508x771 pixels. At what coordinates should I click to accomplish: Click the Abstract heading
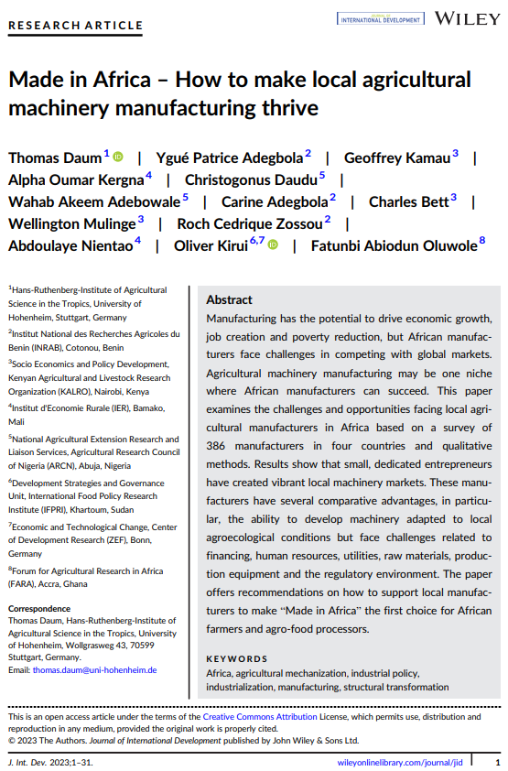coord(229,299)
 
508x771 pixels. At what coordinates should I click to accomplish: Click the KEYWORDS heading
coord(237,658)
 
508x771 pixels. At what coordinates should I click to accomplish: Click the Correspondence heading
coord(38,609)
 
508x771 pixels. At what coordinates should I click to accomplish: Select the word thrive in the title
coord(286,107)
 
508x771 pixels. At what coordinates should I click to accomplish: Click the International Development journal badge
coord(380,18)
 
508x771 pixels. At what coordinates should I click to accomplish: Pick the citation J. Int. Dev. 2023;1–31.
coord(50,762)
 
